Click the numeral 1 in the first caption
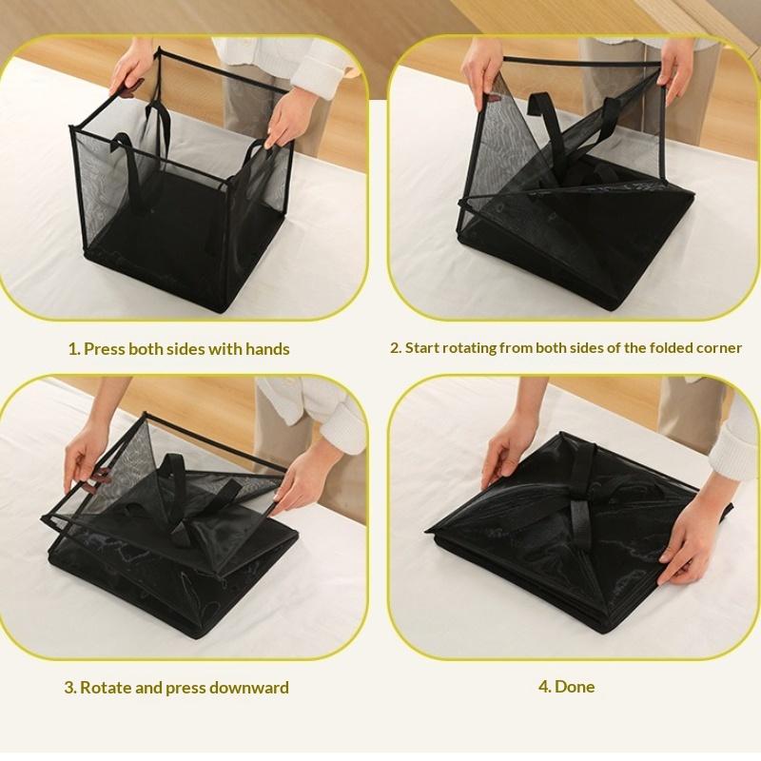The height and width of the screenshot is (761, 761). coord(72,349)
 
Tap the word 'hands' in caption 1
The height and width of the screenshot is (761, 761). coord(267,349)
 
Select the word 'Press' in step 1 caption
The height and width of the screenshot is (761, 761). coord(105,349)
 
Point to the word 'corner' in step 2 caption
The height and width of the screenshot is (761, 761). coord(717,348)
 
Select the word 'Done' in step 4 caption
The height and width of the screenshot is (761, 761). coord(575,687)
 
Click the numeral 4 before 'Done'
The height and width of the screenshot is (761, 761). coord(543,687)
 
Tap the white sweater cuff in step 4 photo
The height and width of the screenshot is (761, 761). coord(735,447)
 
